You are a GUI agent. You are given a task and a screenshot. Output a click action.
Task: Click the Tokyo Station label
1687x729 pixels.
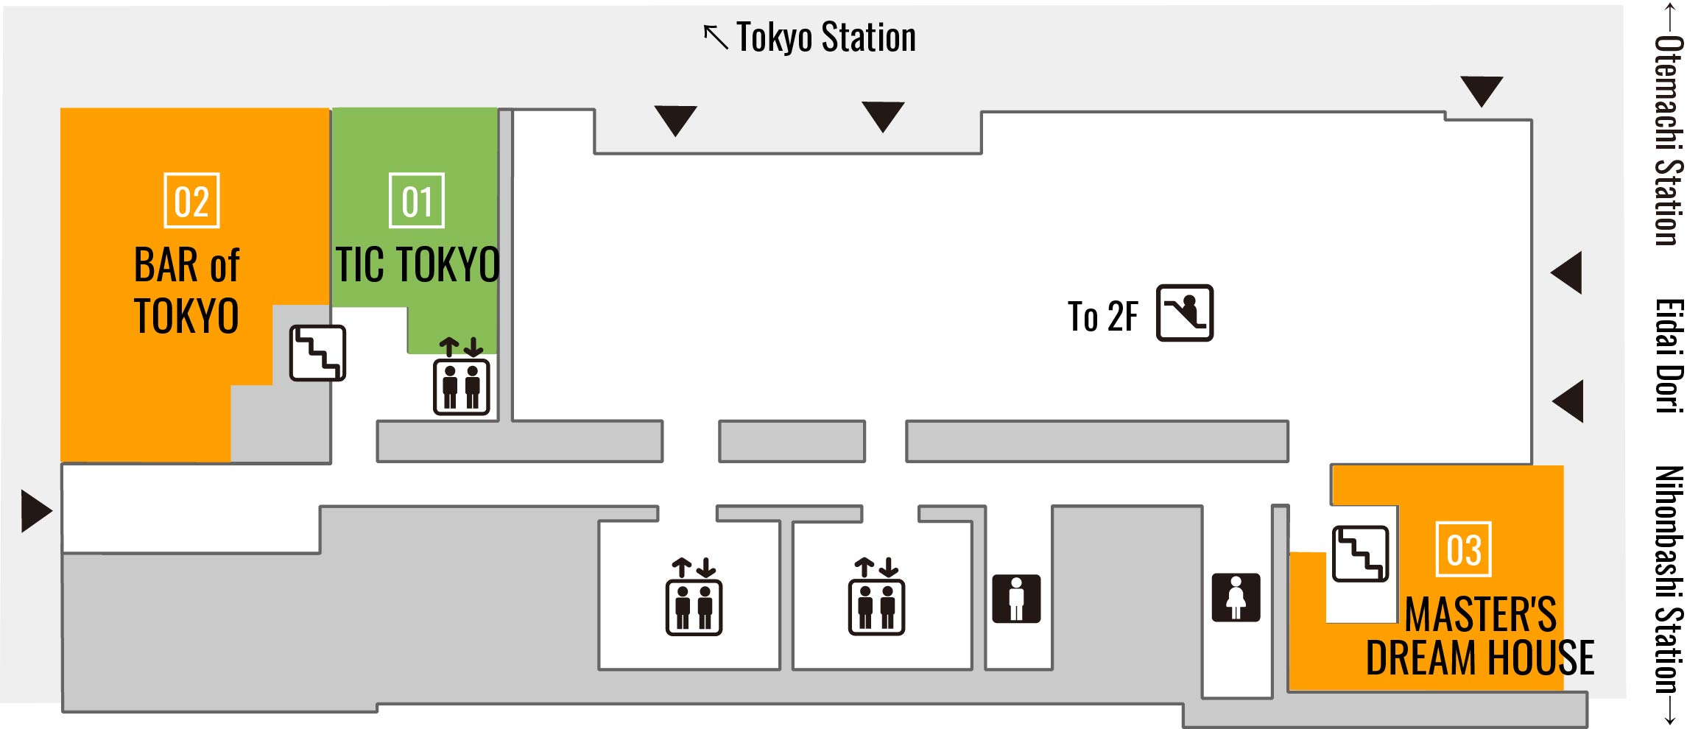coord(825,38)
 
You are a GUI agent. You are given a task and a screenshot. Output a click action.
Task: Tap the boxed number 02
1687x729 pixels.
coord(191,201)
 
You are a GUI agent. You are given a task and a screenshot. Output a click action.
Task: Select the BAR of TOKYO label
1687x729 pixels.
coord(187,290)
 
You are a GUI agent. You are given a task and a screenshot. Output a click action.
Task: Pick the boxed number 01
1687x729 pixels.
coord(417,201)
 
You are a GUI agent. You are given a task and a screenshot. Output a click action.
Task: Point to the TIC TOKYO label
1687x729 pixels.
coord(418,264)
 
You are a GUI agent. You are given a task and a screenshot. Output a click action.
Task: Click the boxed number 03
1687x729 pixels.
coord(1463,550)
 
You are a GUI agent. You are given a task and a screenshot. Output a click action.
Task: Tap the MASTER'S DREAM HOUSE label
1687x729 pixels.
coord(1480,636)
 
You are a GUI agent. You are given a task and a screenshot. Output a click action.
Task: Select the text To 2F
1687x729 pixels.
coord(1102,317)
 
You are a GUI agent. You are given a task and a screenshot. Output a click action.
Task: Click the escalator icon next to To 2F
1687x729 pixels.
coord(1184,313)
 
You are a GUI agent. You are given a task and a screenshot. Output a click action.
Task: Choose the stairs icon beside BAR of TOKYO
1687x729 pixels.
coord(317,353)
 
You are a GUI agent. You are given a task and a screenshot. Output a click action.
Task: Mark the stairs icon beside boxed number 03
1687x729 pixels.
coord(1360,554)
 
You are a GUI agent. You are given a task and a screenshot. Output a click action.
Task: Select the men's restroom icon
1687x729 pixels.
coord(1016,599)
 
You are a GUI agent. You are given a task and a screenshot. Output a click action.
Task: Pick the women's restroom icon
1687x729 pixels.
coord(1236,597)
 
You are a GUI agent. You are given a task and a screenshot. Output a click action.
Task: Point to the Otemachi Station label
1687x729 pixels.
coord(1669,140)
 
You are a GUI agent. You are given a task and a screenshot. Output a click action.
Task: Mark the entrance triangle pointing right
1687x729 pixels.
coord(35,511)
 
